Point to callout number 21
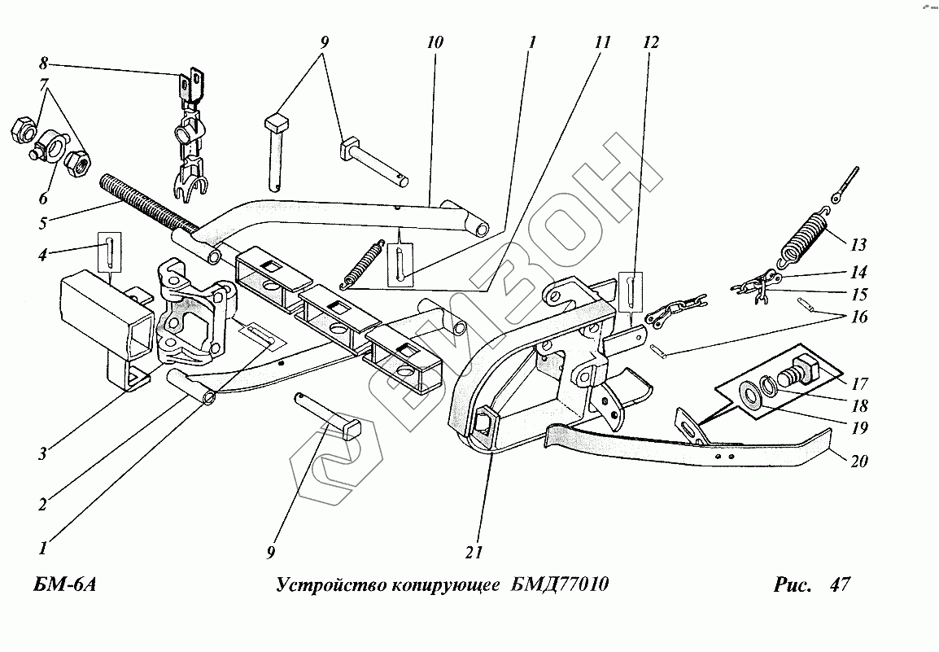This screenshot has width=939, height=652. [x=474, y=553]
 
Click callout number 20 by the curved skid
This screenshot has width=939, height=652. [x=859, y=462]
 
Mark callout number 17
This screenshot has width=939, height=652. [x=860, y=383]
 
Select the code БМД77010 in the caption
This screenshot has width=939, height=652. [x=561, y=585]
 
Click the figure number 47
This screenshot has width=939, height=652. [x=839, y=585]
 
